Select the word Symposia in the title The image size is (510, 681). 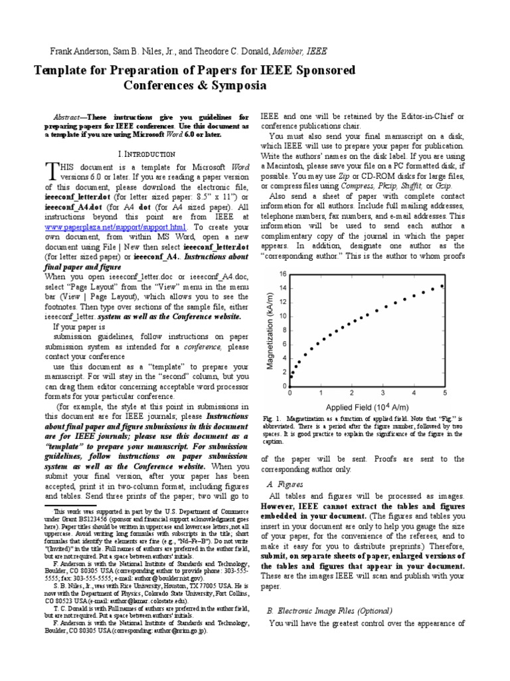(236, 86)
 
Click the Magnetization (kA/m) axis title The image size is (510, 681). (270, 330)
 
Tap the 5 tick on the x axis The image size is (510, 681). (444, 393)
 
